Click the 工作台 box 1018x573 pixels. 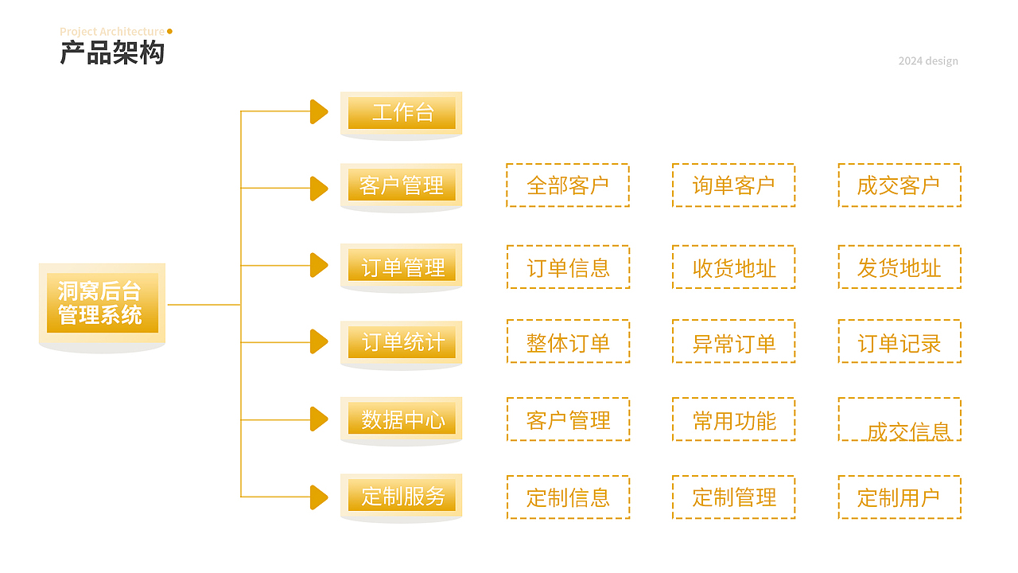pos(402,112)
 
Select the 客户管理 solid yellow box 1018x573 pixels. pos(402,185)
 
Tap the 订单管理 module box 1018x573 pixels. pos(402,267)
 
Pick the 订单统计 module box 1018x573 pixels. pos(402,342)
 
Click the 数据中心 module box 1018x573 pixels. pos(402,419)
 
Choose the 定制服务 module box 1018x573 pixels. pos(402,496)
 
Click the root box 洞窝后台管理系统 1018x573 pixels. pos(102,303)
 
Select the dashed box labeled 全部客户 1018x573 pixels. pos(568,185)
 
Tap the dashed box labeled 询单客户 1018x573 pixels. pos(733,185)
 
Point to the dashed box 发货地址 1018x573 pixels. pos(899,267)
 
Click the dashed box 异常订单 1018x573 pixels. pos(733,342)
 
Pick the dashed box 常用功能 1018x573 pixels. pos(733,419)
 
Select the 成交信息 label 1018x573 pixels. pos(908,432)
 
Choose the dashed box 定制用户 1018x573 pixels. pos(899,497)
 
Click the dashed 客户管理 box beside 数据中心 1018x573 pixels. pos(568,419)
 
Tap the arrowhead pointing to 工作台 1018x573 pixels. pos(318,112)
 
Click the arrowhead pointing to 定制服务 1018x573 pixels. pos(318,497)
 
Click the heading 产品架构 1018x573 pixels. pos(112,53)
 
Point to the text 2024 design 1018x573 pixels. pos(928,61)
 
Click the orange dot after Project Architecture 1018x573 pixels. pos(169,31)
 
